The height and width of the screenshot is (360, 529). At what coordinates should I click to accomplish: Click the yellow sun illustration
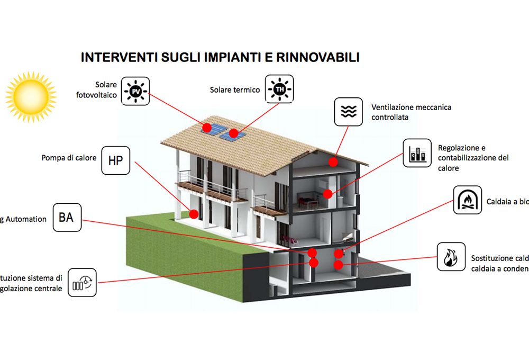point(30,97)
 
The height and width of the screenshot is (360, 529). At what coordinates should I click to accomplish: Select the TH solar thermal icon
point(279,89)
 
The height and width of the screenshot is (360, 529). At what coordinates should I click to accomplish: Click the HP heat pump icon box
point(115,160)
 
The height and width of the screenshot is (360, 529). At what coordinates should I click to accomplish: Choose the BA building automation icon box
point(67,217)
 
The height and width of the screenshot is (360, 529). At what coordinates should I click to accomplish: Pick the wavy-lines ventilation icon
point(348,111)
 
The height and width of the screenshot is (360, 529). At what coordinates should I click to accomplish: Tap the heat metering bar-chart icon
point(417,153)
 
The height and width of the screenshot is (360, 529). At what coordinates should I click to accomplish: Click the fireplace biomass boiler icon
point(468,200)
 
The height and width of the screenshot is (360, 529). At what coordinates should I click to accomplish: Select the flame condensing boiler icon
point(451,257)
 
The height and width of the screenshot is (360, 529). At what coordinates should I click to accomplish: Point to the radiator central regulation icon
point(82,282)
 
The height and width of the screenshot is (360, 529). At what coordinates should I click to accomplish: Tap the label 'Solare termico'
point(234,90)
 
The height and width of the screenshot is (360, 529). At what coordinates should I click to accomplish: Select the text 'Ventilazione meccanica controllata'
point(411,112)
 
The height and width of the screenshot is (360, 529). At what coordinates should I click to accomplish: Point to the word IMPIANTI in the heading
point(226,57)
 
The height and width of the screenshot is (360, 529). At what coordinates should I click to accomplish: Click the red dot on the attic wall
point(333,161)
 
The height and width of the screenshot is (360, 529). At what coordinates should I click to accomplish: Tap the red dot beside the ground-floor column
point(194,214)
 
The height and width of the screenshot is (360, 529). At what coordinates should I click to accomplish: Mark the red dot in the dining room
point(328,194)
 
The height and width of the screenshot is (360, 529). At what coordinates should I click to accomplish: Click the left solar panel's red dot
point(207,128)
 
